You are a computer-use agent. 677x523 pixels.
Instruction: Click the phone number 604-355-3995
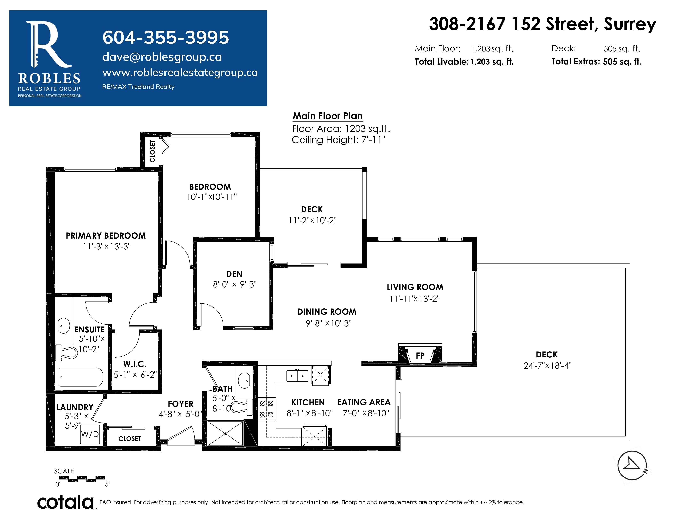click(166, 38)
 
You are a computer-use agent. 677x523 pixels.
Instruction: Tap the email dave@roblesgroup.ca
click(162, 57)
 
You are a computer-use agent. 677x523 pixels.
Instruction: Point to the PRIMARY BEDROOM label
click(106, 236)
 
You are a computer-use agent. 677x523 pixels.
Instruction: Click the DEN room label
click(234, 274)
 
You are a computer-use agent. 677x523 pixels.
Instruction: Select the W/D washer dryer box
click(90, 434)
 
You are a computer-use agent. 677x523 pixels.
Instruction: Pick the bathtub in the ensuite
click(81, 377)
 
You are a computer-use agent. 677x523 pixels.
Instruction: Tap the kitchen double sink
click(297, 376)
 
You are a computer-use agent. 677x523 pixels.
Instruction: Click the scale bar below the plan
click(82, 479)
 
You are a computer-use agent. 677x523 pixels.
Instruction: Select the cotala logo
click(65, 502)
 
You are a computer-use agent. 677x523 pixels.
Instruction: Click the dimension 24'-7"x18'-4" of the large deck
click(547, 366)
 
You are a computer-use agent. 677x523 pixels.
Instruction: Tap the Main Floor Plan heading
click(328, 116)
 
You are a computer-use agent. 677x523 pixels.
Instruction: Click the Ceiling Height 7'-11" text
click(338, 140)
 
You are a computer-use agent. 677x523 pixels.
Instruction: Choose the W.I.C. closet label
click(135, 364)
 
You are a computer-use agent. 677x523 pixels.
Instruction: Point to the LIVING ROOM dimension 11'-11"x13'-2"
click(414, 299)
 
